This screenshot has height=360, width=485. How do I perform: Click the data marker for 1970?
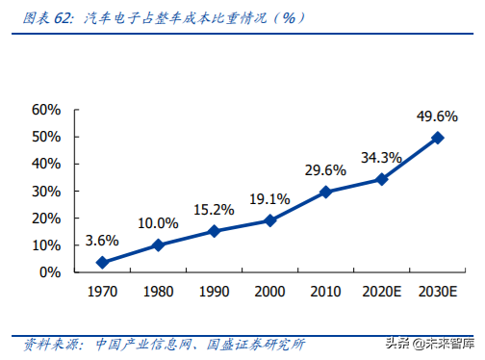(x=102, y=262)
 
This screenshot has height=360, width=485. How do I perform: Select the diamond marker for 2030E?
(x=437, y=138)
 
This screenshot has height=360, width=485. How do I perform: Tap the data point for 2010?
(x=325, y=192)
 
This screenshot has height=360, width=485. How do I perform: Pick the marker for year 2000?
(x=269, y=220)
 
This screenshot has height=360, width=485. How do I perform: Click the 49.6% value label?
(x=437, y=116)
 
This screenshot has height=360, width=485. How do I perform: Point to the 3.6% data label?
(x=102, y=241)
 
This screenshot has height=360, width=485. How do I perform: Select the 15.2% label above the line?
(x=214, y=210)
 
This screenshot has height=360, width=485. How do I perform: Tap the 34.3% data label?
(x=381, y=157)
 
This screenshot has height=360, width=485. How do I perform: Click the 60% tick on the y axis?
(x=46, y=110)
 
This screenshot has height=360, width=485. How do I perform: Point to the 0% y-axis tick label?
(x=50, y=272)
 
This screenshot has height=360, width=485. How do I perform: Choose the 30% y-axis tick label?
(x=46, y=191)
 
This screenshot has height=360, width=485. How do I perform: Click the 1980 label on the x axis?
(x=158, y=291)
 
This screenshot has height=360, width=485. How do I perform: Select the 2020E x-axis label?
(x=381, y=291)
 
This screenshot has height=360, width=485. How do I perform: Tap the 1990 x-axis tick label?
(x=214, y=291)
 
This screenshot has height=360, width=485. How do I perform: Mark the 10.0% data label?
(x=158, y=223)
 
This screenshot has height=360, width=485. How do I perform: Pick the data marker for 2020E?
(x=381, y=179)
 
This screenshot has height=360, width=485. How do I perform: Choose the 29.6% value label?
(x=325, y=169)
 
